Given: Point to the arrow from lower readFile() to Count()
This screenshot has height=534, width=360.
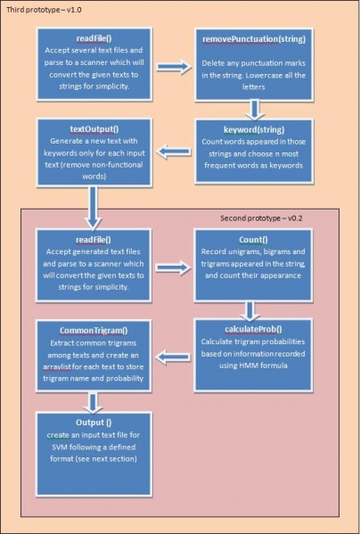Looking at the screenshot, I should click(174, 265).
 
